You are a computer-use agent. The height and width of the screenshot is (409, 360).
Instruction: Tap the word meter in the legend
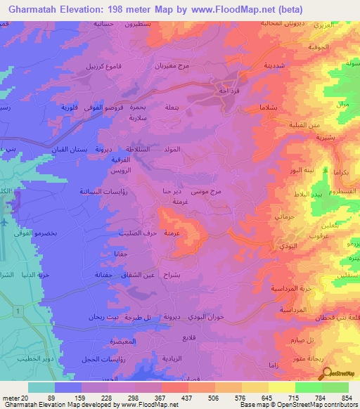[11, 397]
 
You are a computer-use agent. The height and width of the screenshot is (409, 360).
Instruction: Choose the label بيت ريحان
[88, 317]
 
